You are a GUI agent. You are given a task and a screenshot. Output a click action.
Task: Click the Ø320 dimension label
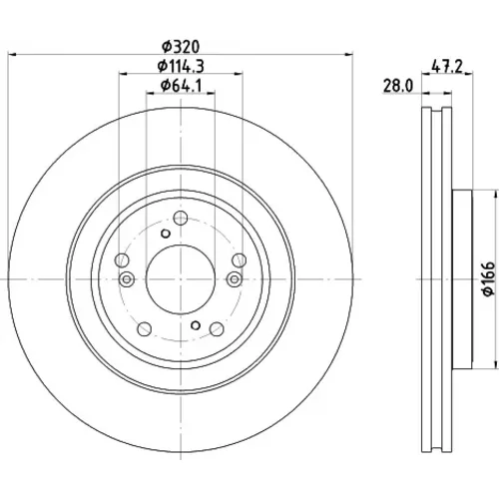click(x=181, y=47)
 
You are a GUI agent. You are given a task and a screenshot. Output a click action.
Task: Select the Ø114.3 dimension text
click(x=181, y=66)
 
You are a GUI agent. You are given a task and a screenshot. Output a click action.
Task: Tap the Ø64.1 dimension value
click(x=181, y=86)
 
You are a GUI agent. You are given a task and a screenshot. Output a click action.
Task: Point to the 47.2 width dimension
click(x=447, y=67)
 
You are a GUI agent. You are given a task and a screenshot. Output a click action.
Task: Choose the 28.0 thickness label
click(x=398, y=86)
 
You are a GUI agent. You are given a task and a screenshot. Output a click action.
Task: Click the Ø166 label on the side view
click(x=489, y=278)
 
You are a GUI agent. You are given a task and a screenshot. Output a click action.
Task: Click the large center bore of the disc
click(x=181, y=279)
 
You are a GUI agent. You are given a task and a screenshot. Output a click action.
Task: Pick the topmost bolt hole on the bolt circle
click(x=181, y=218)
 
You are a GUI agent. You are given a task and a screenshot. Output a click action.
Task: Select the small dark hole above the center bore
click(x=166, y=234)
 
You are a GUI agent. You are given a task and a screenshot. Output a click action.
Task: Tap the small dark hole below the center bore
click(x=196, y=325)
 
